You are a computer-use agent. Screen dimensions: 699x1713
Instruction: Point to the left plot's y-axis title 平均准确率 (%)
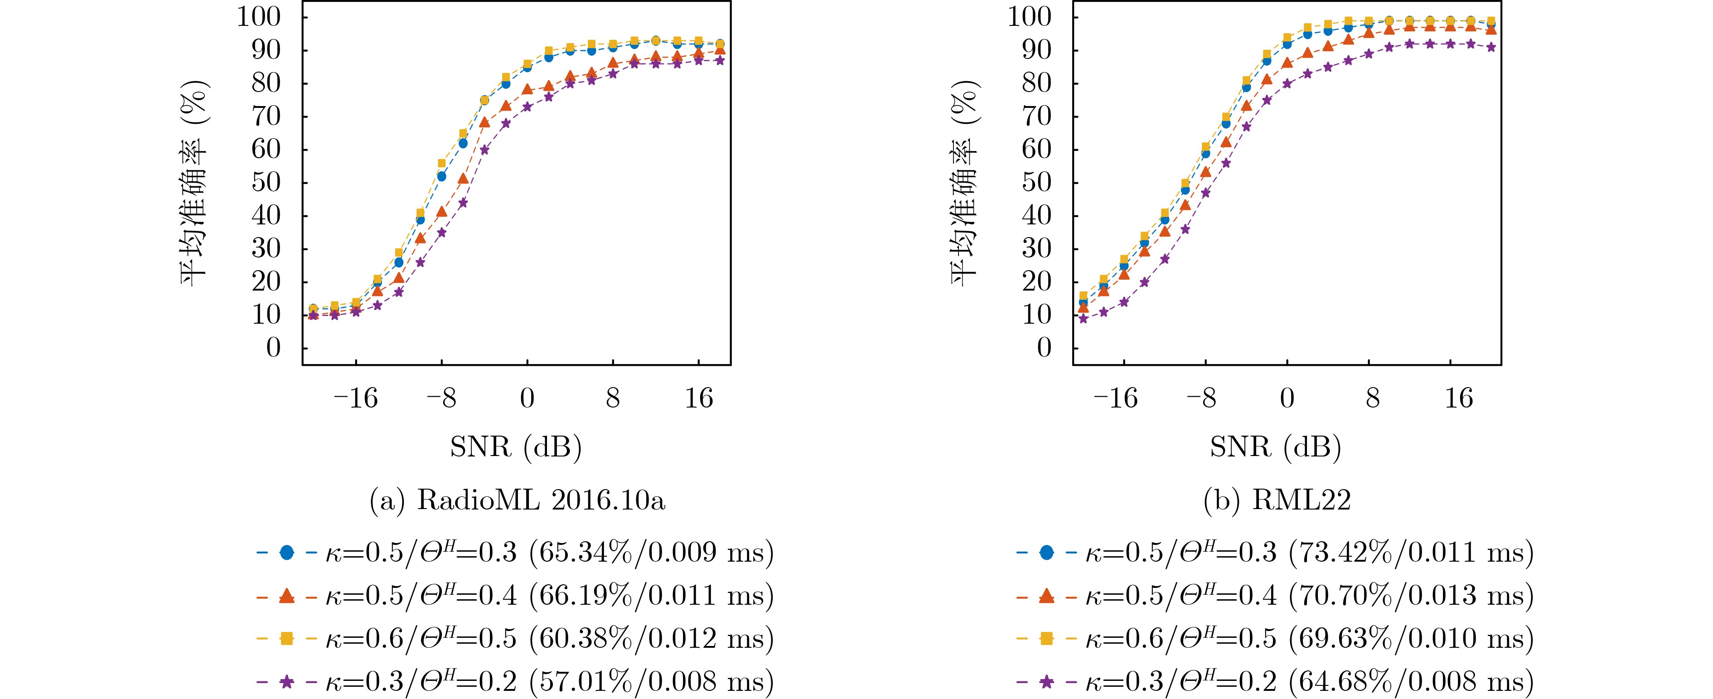194,183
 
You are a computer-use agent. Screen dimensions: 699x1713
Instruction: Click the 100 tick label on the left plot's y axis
259,17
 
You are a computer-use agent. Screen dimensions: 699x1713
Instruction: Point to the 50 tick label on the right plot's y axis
1037,182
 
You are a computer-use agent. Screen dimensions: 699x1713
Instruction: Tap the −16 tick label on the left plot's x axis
355,398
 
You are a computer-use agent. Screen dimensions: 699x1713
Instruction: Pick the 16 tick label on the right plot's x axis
1459,398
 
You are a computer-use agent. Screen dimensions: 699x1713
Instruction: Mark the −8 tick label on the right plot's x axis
1202,398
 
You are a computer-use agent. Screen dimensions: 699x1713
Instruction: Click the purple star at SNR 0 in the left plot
527,107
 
